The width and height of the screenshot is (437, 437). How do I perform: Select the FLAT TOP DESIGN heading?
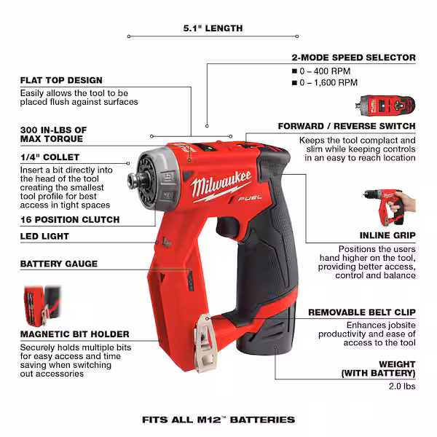coord(61,80)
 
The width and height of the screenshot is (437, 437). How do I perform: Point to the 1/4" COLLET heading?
coord(50,157)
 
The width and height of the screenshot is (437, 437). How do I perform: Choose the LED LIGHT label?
coord(44,236)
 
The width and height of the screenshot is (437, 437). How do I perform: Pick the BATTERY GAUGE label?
coord(58,264)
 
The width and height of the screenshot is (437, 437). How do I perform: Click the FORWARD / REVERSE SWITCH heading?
coord(347,126)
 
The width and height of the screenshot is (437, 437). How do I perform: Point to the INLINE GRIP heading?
coord(387,235)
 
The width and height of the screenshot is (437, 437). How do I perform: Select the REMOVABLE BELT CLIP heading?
coord(361,312)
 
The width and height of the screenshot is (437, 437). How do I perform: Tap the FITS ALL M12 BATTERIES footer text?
coord(218,420)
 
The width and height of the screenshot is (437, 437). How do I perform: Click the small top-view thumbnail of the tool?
coord(388,106)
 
